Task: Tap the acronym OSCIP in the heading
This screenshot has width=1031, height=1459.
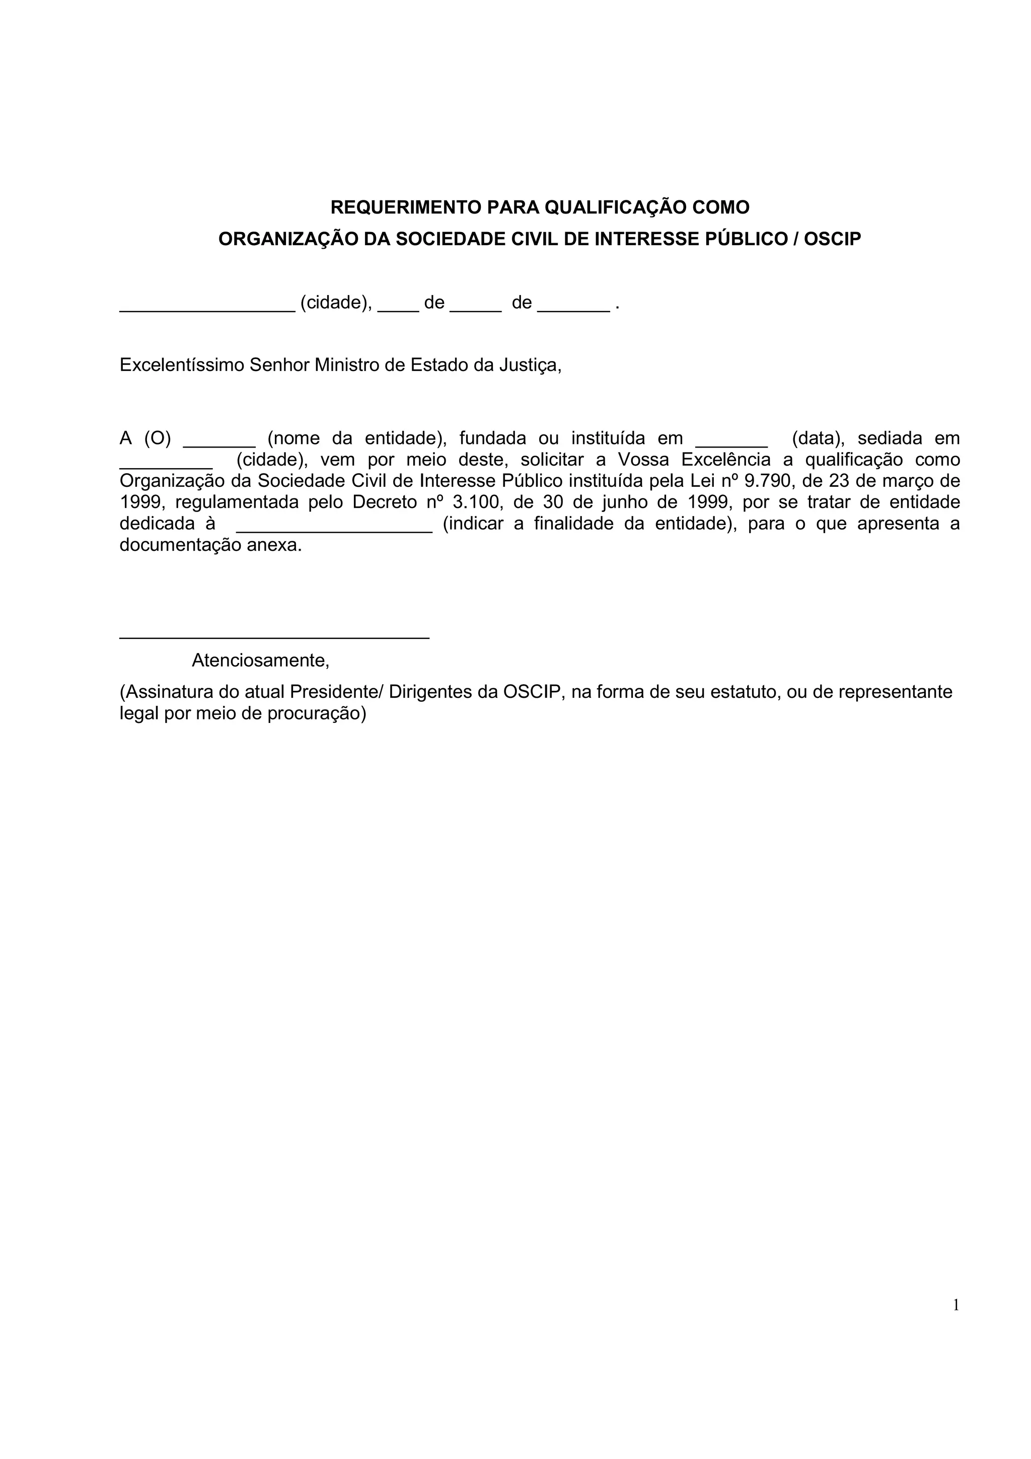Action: pyautogui.click(x=832, y=239)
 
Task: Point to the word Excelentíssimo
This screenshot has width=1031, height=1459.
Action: pyautogui.click(x=182, y=366)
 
